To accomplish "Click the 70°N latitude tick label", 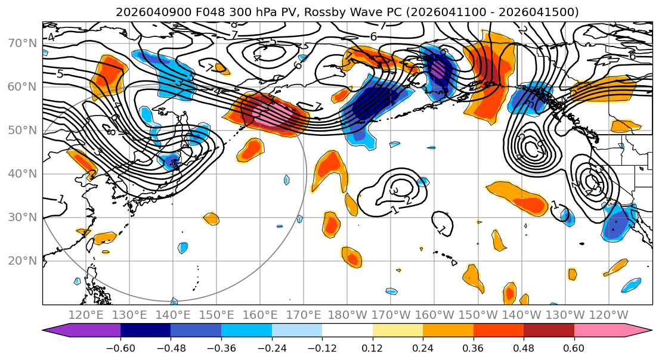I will pos(22,44).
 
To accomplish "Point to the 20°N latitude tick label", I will pos(22,261).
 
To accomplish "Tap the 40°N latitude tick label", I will pos(22,174).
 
